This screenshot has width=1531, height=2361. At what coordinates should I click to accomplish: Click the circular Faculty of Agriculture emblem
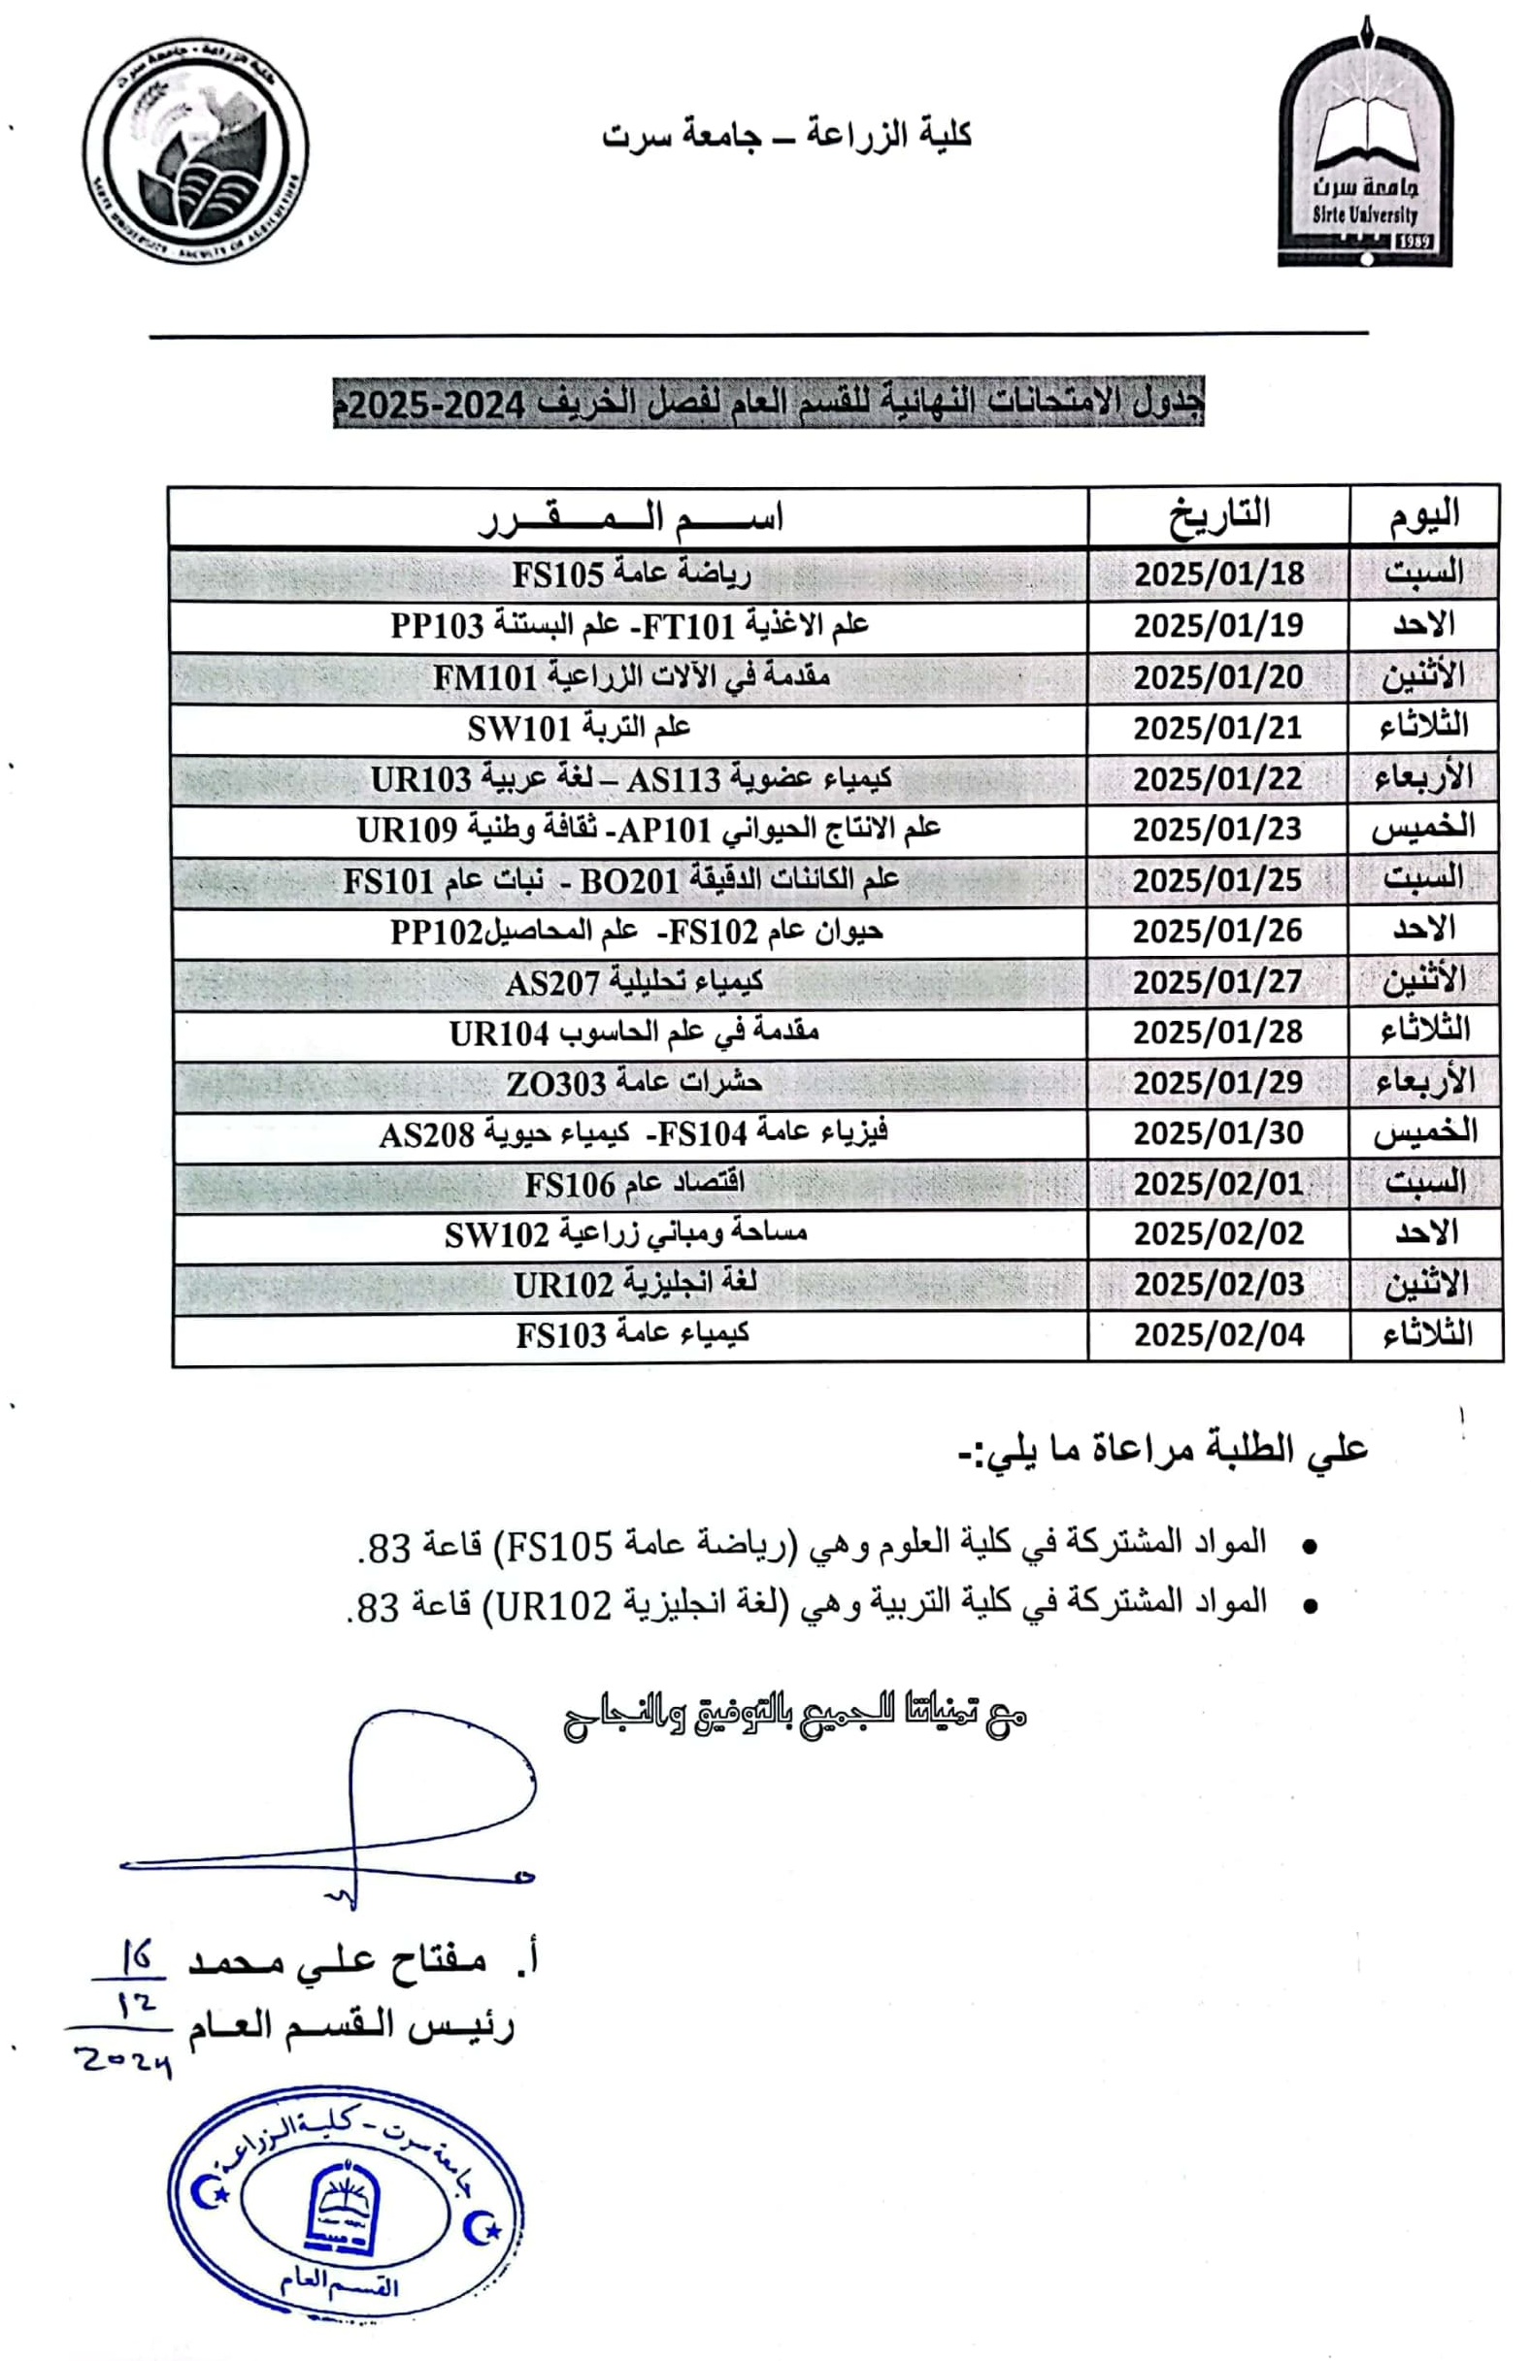coord(195,151)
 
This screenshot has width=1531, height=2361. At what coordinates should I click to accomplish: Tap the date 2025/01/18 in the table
coord(1218,574)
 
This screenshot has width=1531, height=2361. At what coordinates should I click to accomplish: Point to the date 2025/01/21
coord(1216,728)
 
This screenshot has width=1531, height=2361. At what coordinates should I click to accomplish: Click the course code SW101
coord(519,729)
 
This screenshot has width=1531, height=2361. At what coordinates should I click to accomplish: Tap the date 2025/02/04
coord(1218,1335)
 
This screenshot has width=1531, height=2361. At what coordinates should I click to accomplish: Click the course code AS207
coord(552,983)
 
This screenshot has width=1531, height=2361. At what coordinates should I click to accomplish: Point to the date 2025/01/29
coord(1217,1082)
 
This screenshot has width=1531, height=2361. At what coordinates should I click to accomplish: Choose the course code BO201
coord(629,881)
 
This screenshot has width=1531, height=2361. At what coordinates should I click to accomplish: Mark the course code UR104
coord(498,1033)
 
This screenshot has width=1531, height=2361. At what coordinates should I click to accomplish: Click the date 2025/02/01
coord(1218,1185)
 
